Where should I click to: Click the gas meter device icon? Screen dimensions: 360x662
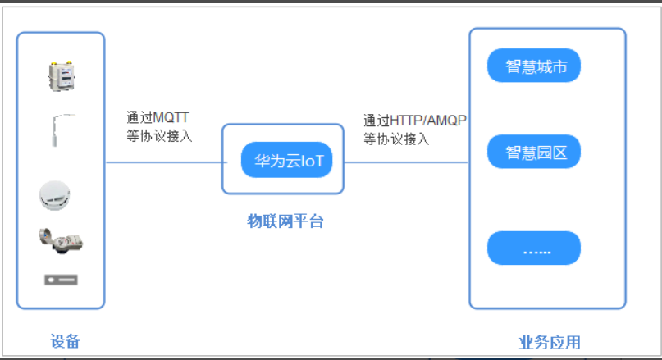tap(60, 76)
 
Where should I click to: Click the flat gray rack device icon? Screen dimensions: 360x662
tap(61, 280)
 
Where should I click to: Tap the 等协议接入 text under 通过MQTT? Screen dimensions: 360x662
tap(159, 136)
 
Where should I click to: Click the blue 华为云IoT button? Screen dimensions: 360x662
tap(286, 160)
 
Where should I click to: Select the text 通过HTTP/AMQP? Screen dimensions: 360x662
tap(414, 121)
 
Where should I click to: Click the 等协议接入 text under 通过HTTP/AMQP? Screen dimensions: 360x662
tap(396, 139)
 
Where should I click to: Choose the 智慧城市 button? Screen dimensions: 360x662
tap(535, 66)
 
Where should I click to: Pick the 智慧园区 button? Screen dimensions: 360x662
tap(534, 153)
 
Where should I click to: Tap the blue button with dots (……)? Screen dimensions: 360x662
tap(534, 248)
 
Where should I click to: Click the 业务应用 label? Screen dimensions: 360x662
tap(549, 342)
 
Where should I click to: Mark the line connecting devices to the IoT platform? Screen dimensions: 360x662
tap(164, 162)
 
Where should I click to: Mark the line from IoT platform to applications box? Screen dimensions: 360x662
tap(406, 162)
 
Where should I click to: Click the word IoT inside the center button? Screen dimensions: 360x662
tap(313, 161)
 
